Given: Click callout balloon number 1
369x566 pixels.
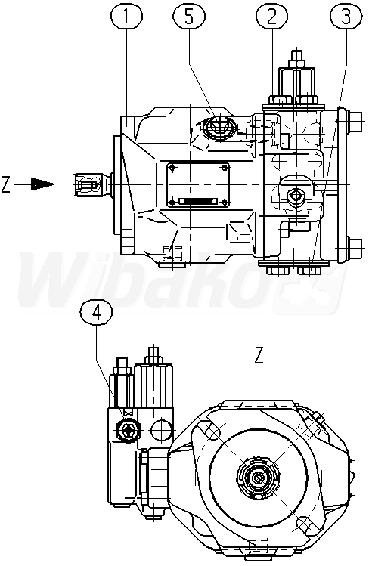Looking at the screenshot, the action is pos(126,17).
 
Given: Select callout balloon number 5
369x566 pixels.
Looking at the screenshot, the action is pos(189,17).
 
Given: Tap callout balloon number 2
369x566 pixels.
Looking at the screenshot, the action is pos(272,17).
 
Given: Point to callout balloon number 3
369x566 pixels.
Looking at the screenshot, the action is pos(346,17).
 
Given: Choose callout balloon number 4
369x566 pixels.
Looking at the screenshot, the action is pos(96,313).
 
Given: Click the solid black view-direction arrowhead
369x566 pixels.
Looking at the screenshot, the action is pos(42,184).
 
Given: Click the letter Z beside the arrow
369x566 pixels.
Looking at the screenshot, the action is pos(5,184).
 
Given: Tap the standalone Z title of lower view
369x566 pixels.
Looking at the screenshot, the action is pos(259,355).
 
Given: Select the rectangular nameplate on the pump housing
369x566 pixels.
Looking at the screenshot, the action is pos(197,185).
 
